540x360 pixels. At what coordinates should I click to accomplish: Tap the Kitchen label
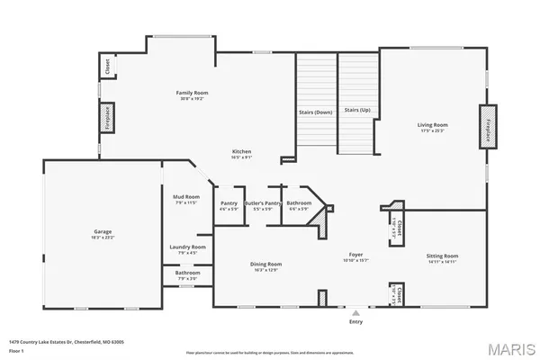point(241,151)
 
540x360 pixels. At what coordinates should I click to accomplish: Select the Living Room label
point(432,125)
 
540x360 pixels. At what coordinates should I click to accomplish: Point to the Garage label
point(103,231)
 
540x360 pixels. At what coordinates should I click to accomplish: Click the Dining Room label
point(265,264)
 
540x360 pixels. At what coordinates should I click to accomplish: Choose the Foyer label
point(355,256)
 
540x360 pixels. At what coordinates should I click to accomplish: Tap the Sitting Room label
point(442,256)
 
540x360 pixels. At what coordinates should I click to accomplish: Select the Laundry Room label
point(187,247)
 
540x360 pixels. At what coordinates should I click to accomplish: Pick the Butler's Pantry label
point(266,203)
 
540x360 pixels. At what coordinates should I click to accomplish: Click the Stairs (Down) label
point(316,112)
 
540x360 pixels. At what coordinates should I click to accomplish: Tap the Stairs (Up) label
point(357,110)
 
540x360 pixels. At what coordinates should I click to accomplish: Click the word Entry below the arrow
point(356,320)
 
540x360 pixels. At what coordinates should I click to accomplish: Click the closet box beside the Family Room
point(106,67)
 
